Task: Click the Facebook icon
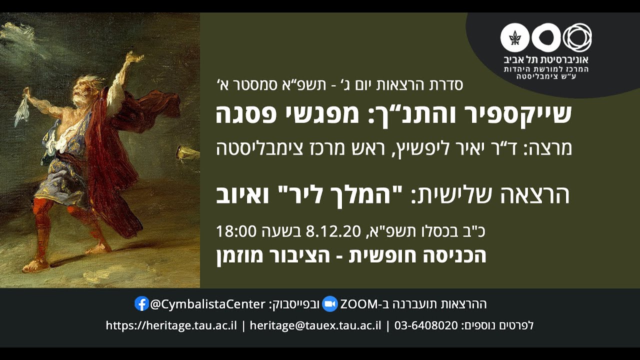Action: (141, 303)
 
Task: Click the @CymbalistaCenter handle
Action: (207, 304)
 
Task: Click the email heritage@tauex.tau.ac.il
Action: (315, 325)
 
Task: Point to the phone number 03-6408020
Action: (426, 325)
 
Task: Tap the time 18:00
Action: (236, 231)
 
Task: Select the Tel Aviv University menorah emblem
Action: (514, 37)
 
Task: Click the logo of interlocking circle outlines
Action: (577, 37)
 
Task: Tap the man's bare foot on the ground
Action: (38, 265)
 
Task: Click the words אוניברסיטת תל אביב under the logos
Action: (546, 59)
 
